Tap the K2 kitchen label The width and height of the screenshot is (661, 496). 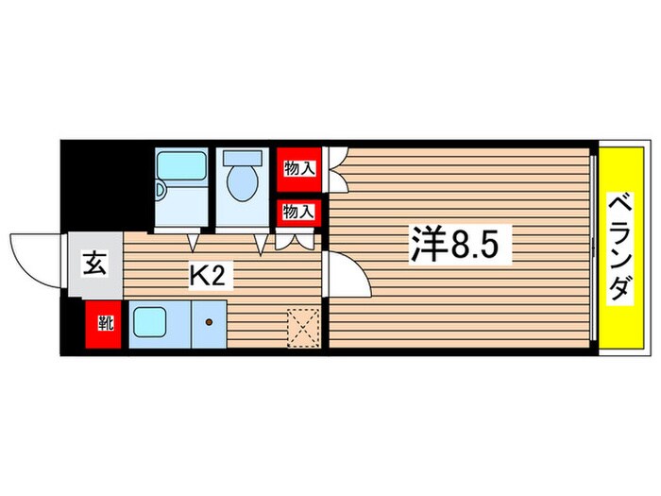coord(211,276)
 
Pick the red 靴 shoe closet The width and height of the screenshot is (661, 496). coord(103,324)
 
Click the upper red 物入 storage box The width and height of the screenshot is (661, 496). coord(299,169)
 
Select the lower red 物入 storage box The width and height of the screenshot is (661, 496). coord(299,213)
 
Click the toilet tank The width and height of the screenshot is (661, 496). coord(243,158)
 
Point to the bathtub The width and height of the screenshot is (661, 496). coord(181,165)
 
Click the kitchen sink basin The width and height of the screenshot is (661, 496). coord(149,322)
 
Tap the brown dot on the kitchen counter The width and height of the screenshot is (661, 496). coord(209,323)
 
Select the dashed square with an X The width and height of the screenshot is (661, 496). coord(303,329)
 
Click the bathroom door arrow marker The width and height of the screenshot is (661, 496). coord(193,242)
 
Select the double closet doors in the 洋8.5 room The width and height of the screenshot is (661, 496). coord(337,169)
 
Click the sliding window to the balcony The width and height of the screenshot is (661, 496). coord(593,248)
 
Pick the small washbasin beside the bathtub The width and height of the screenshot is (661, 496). coord(161,189)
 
